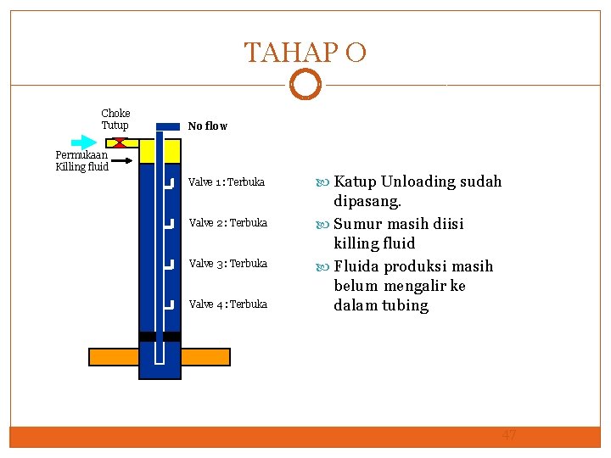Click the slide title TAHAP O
tap(305, 53)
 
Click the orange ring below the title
tap(305, 85)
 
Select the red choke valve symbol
tap(121, 142)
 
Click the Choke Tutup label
tap(115, 120)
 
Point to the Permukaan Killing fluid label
tap(81, 161)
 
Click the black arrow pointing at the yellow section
tap(123, 159)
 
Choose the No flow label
tap(207, 126)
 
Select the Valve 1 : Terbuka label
tap(227, 182)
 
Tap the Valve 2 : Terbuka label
tap(227, 223)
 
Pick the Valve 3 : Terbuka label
tap(227, 264)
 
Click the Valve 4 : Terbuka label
tap(227, 304)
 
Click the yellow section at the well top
tap(160, 151)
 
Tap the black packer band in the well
tap(160, 337)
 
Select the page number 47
tap(509, 435)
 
